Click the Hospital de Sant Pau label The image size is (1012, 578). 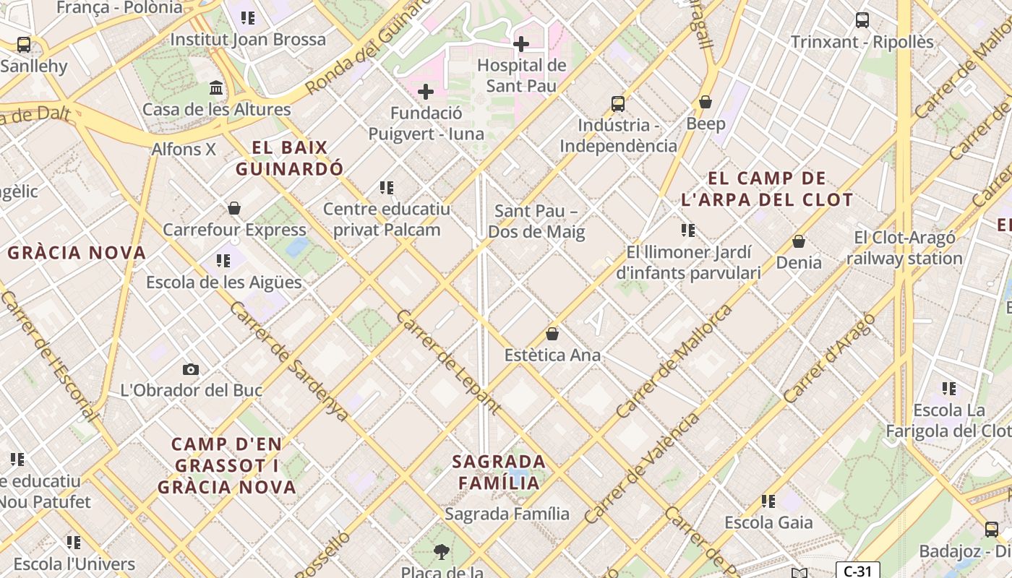click(521, 75)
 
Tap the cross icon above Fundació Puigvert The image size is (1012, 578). click(426, 92)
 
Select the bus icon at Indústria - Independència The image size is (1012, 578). click(618, 103)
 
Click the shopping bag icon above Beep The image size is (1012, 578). click(706, 102)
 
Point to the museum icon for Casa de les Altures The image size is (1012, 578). click(216, 88)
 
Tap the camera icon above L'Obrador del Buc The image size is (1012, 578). click(191, 369)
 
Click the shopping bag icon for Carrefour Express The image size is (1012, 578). click(234, 208)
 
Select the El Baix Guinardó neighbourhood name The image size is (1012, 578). click(289, 158)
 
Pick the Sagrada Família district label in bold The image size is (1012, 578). click(499, 472)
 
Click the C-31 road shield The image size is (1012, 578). click(857, 571)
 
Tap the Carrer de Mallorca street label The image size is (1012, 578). click(674, 361)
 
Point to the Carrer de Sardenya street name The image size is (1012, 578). click(289, 361)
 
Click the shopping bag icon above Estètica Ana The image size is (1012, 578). click(552, 334)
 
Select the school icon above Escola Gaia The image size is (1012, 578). click(768, 501)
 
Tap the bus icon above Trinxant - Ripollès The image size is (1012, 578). click(862, 20)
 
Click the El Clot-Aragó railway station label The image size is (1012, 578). click(904, 248)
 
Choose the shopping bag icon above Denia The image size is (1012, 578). click(799, 241)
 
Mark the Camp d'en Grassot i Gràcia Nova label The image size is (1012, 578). click(227, 465)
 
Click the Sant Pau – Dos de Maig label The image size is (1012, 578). click(536, 222)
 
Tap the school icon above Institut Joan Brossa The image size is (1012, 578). click(248, 18)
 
